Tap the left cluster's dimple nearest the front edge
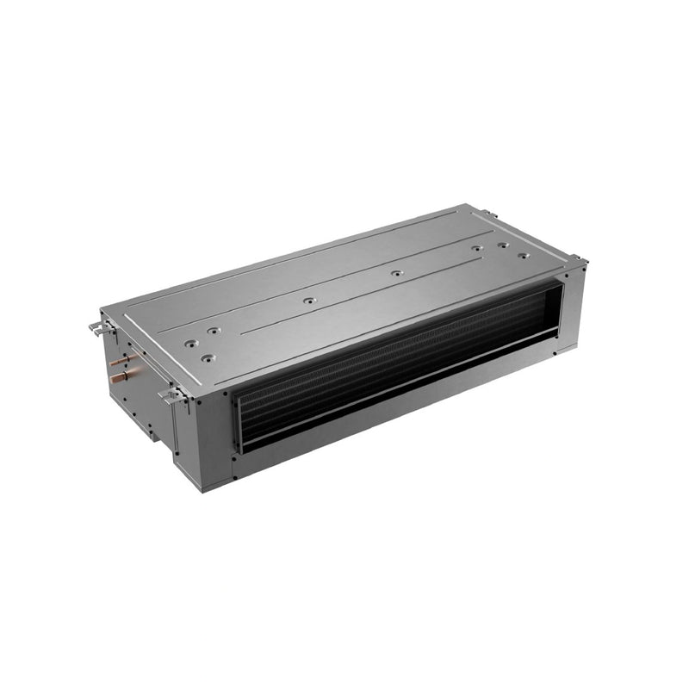pos(206,356)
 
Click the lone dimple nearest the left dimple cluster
pos(307,302)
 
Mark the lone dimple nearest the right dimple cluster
pos(396,273)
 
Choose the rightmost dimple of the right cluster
pos(523,256)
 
